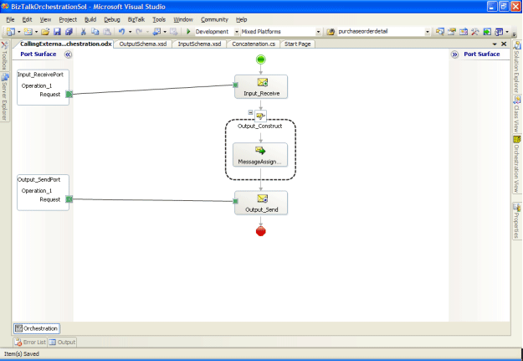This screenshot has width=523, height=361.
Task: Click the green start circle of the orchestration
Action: point(261,59)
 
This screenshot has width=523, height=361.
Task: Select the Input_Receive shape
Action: point(261,86)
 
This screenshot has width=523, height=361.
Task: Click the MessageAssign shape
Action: point(260,154)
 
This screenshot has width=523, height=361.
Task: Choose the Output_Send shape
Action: point(261,203)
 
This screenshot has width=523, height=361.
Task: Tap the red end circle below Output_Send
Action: point(261,231)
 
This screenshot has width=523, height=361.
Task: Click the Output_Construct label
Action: point(260,126)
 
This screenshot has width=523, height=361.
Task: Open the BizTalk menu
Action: point(136,18)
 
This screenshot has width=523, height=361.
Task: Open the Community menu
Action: point(214,18)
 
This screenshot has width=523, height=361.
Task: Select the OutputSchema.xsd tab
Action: point(144,44)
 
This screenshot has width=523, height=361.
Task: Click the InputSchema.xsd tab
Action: point(200,44)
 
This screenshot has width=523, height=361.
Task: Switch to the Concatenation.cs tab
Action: point(254,44)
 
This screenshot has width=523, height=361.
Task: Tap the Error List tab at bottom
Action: point(31,342)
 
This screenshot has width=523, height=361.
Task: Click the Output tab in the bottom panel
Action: point(63,342)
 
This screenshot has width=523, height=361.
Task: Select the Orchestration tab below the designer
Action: point(37,328)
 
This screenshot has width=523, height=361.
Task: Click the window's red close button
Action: point(515,6)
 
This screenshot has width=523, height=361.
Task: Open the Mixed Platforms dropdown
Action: point(276,31)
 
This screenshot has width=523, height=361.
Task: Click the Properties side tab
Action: point(516,219)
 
